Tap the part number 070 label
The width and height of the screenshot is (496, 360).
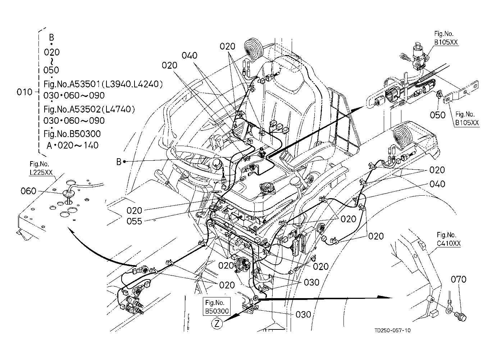tap(458, 279)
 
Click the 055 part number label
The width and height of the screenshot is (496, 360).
tap(134, 221)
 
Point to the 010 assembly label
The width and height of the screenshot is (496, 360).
tap(25, 92)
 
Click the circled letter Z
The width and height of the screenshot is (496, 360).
tap(217, 323)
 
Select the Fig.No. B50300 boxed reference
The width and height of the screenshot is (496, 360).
tap(217, 307)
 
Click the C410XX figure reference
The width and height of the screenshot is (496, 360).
tap(449, 243)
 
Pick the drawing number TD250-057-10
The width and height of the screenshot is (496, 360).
tap(392, 330)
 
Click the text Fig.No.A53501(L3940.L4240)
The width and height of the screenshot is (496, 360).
tap(103, 84)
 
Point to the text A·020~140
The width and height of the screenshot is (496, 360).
tap(73, 146)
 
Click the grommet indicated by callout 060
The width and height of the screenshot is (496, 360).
tap(68, 194)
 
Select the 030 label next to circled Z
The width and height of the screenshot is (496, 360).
tap(303, 315)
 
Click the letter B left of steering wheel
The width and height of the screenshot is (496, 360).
tap(119, 162)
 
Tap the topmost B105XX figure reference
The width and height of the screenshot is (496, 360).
tap(446, 42)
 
